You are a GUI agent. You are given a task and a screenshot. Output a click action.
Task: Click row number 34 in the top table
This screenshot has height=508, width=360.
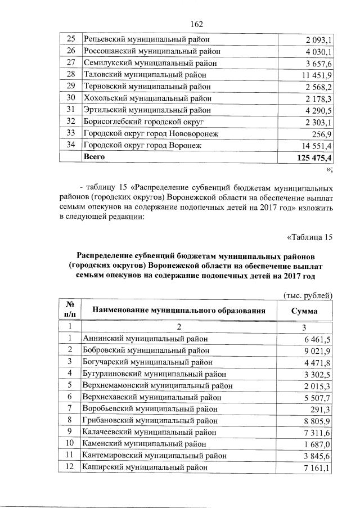(x=71, y=146)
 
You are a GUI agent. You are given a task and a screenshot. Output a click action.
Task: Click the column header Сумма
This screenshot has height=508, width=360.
(x=304, y=311)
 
